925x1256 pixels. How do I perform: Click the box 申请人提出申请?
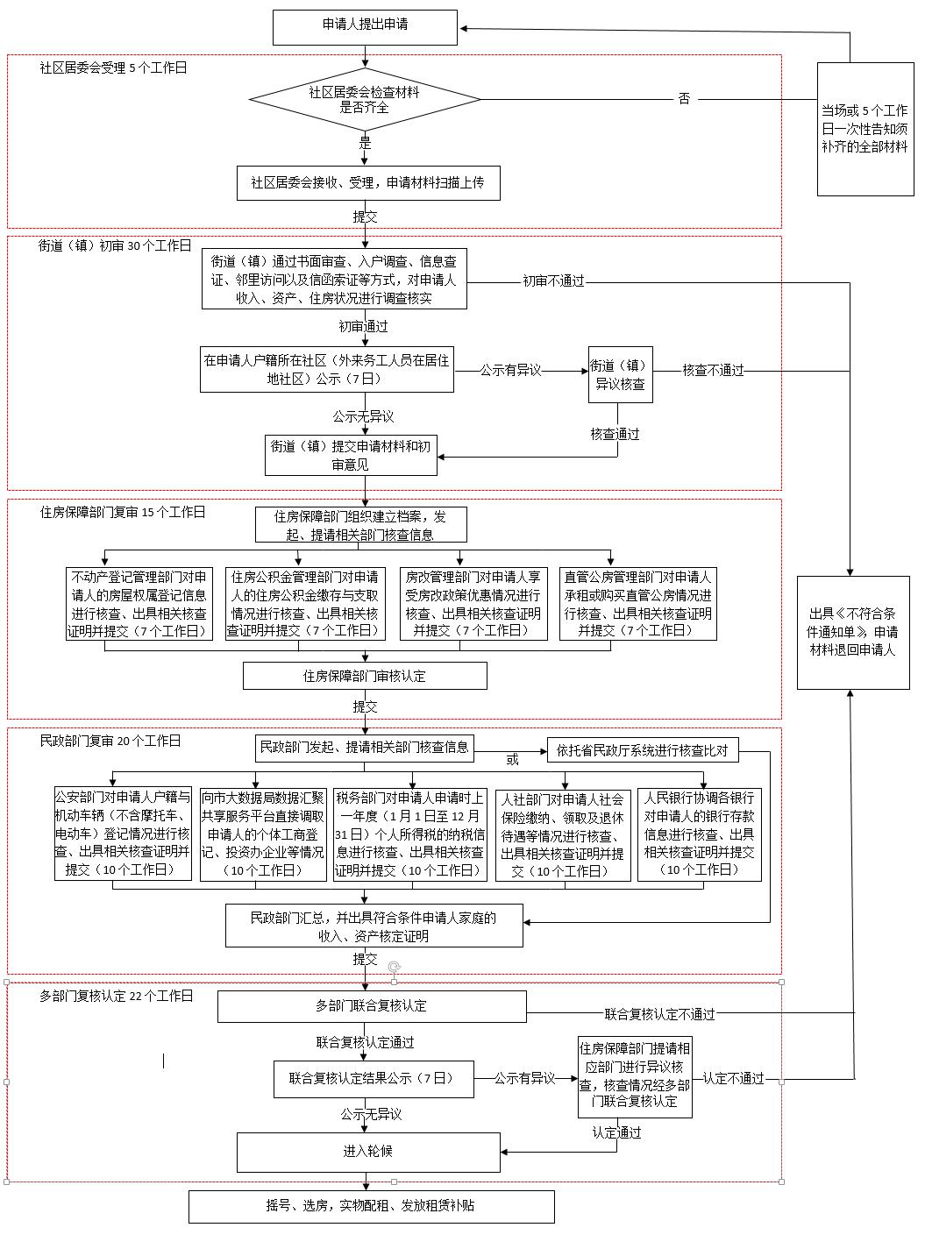365,27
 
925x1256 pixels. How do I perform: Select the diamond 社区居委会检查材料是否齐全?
365,99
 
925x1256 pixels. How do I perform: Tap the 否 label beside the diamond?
684,99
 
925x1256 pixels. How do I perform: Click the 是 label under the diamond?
365,142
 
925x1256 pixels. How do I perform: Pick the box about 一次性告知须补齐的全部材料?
865,129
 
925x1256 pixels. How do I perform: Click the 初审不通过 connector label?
553,281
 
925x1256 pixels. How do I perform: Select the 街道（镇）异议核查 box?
621,374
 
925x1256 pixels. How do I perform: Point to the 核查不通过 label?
713,370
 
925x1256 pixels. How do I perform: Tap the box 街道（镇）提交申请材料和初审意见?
351,455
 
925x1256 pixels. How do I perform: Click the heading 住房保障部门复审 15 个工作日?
122,512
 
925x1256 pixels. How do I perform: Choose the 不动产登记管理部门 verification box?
139,604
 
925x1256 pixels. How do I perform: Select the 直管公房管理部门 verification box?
637,604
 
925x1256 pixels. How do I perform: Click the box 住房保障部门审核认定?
365,676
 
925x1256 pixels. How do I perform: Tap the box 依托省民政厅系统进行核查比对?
643,750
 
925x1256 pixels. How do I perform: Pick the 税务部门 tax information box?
410,834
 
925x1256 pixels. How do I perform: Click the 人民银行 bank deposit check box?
699,834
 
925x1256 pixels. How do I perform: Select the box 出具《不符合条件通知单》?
853,633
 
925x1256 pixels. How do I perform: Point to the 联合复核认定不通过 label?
659,1014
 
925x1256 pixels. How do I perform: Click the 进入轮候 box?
368,1152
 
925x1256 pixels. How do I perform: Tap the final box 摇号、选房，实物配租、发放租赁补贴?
372,1207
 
